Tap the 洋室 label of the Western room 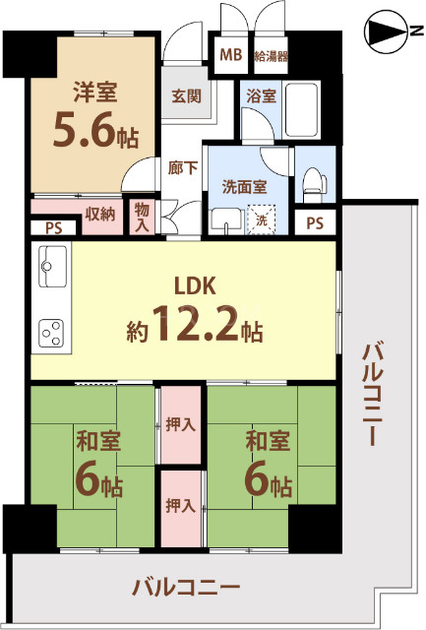coord(95,94)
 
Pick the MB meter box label coord(230,55)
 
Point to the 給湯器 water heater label coord(271,55)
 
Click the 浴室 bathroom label coord(261,96)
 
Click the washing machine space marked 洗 coord(262,220)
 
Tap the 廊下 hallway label coord(182,167)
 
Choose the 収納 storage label coord(99,213)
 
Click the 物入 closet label coord(143,219)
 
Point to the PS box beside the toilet coord(314,222)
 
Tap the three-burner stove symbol coord(51,335)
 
